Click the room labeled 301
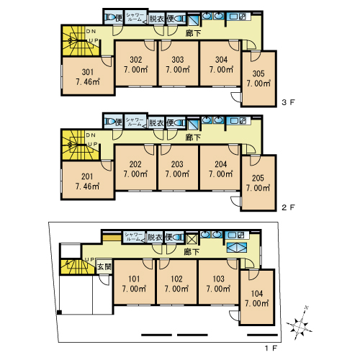[86, 72]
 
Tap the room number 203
[176, 164]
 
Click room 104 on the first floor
[257, 293]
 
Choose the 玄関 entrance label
[104, 266]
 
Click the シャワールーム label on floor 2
[135, 122]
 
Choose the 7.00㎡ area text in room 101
[134, 289]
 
